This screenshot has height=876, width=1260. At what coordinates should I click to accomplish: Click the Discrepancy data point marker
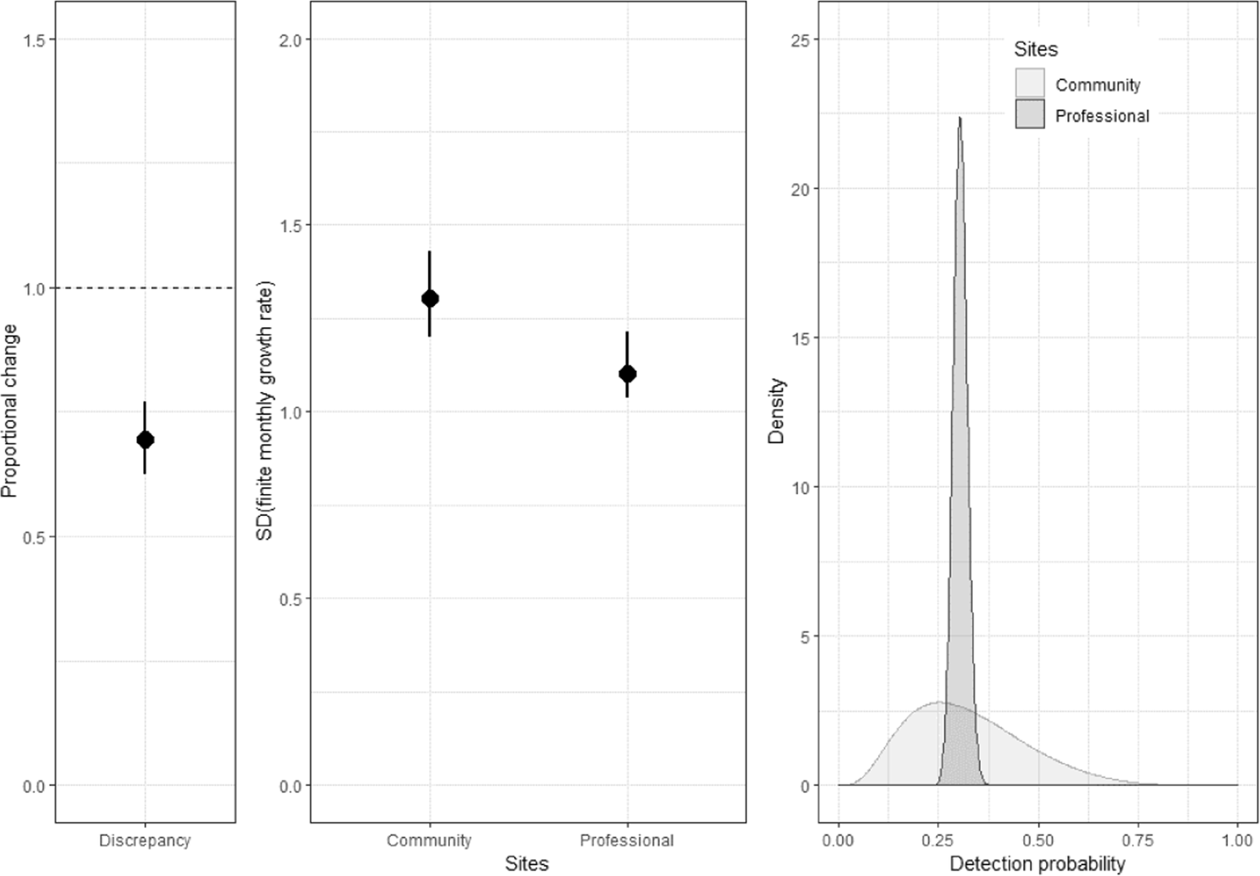(x=145, y=439)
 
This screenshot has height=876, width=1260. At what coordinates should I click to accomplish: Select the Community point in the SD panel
(x=430, y=298)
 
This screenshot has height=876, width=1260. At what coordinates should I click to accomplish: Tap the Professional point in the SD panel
(x=627, y=374)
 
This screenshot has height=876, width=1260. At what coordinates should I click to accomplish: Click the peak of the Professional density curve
(x=959, y=120)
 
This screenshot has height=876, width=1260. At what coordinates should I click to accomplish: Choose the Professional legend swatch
(x=1029, y=115)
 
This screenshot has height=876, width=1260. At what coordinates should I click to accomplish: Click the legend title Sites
(x=1035, y=50)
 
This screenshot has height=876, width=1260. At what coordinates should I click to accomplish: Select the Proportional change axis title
(x=10, y=411)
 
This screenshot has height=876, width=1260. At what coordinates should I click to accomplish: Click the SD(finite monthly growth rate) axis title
(x=265, y=411)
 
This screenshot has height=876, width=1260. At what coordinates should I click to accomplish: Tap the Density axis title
(x=776, y=411)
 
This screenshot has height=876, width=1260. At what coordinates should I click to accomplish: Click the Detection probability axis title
(x=1037, y=863)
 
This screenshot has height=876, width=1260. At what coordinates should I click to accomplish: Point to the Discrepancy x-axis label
(x=145, y=841)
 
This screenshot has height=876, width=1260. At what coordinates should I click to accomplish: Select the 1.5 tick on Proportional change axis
(x=35, y=40)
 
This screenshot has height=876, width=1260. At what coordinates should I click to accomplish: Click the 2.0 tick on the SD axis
(x=290, y=40)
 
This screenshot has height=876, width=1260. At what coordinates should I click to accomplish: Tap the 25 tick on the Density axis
(x=800, y=40)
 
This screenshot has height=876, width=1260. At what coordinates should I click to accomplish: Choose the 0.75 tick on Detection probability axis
(x=1138, y=841)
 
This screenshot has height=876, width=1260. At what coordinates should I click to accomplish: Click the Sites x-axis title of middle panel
(x=527, y=863)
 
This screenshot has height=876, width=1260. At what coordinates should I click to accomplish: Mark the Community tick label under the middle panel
(x=429, y=841)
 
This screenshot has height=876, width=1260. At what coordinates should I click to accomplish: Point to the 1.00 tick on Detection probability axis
(x=1237, y=841)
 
